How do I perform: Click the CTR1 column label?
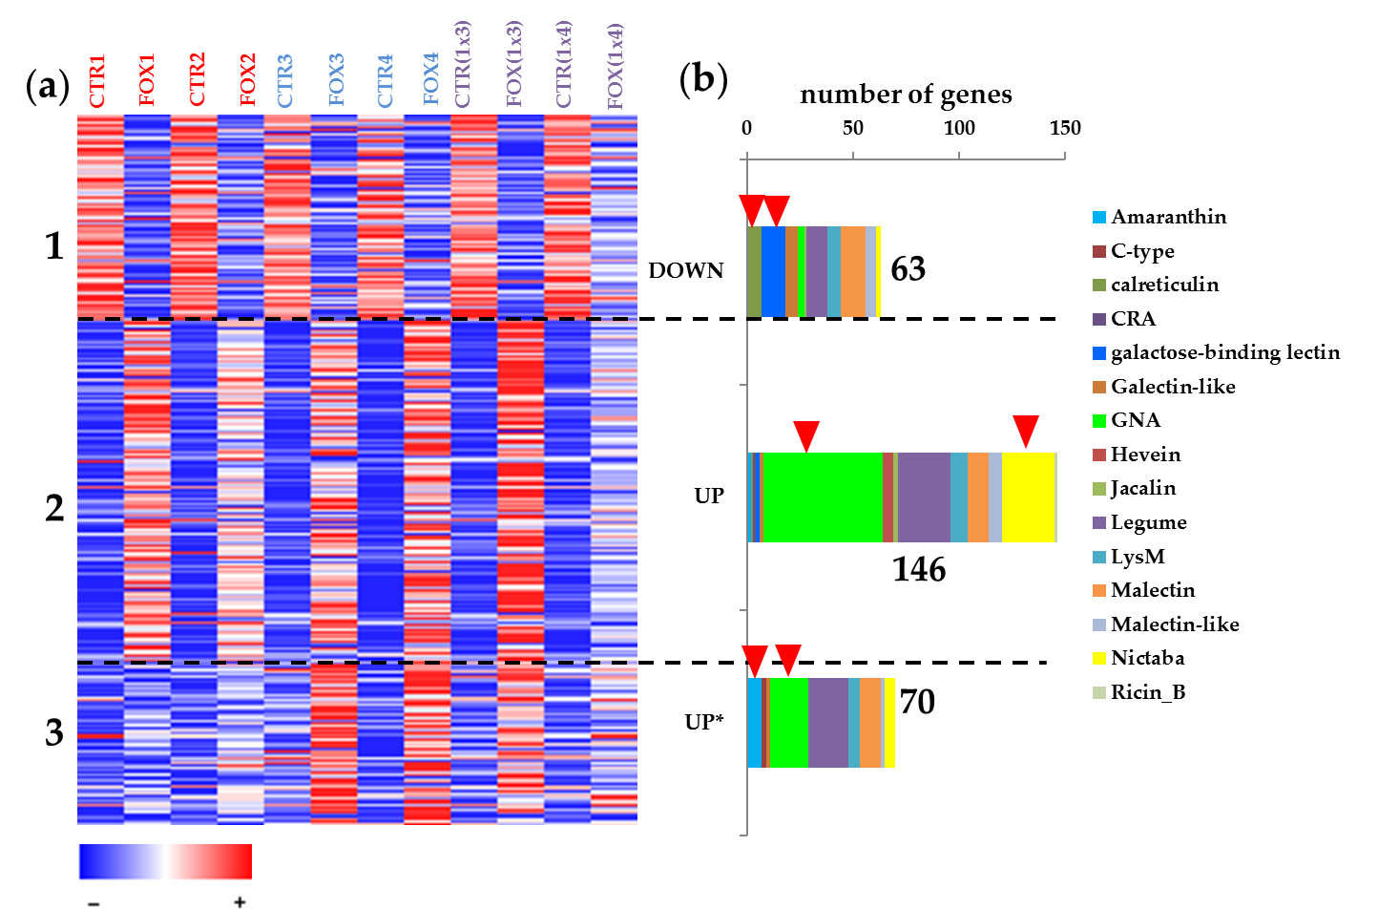97,80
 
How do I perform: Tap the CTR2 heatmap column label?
197,79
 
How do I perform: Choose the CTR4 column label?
385,80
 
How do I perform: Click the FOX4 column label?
431,78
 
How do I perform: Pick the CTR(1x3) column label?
463,64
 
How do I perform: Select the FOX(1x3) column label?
514,64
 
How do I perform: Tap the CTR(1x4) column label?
564,64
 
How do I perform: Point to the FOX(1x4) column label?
616,67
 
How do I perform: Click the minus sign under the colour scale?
94,902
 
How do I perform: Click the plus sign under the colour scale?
239,901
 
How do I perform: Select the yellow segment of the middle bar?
1029,497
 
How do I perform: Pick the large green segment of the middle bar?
823,497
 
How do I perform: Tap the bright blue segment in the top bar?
773,271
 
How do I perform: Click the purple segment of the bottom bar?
827,723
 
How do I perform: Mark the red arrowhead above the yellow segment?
1025,431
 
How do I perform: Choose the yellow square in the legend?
1099,659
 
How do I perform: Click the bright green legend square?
1099,421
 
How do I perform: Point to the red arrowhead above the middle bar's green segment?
806,434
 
